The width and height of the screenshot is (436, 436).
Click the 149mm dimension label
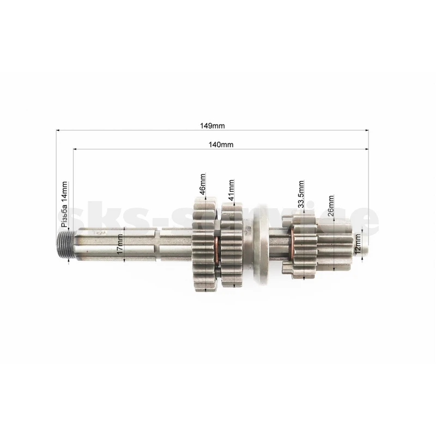[212, 126]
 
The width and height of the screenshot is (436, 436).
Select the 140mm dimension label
[221, 144]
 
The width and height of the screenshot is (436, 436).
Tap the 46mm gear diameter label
[202, 184]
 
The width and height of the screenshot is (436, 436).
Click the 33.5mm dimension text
[301, 194]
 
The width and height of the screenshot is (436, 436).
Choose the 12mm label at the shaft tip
[358, 244]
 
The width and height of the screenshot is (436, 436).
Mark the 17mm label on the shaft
[119, 244]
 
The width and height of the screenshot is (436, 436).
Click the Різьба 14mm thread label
[64, 204]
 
